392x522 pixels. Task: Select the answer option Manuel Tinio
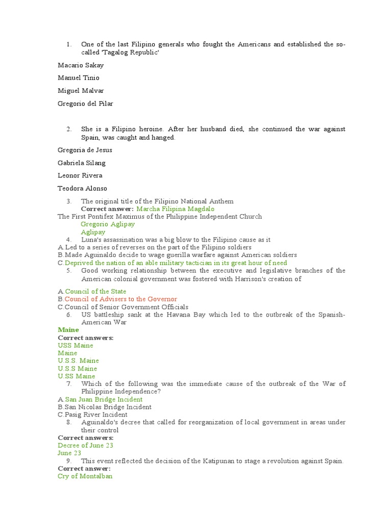[x=79, y=78]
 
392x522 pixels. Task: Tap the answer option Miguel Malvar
[x=80, y=91]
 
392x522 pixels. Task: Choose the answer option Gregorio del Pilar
[x=85, y=103]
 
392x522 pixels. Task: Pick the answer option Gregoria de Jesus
[x=85, y=150]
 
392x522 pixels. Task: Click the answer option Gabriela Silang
[x=82, y=163]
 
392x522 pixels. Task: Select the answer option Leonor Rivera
[x=80, y=176]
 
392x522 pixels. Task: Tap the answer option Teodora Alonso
[x=82, y=189]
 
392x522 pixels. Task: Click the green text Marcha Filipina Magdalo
[x=176, y=209]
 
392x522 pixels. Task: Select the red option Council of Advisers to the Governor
[x=121, y=299]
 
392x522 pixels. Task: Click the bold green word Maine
[x=68, y=330]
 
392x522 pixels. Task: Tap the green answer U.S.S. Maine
[x=79, y=361]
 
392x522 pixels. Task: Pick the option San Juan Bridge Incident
[x=104, y=400]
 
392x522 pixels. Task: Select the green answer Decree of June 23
[x=86, y=446]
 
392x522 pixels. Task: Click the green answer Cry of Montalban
[x=85, y=477]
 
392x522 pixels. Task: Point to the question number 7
[x=68, y=384]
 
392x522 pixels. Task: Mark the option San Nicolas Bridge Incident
[x=108, y=407]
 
